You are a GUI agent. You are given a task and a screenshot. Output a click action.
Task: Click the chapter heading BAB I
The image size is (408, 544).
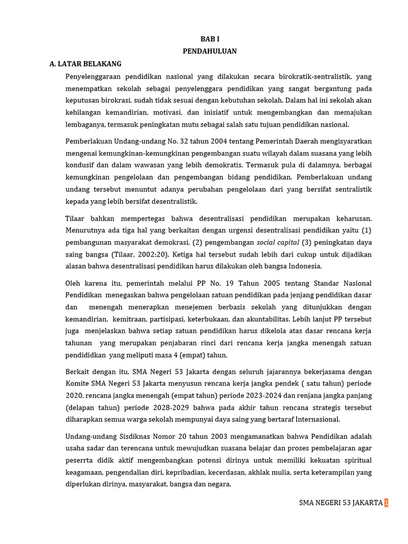pyautogui.click(x=209, y=39)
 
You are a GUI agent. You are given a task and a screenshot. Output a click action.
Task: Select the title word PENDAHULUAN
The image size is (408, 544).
pyautogui.click(x=209, y=51)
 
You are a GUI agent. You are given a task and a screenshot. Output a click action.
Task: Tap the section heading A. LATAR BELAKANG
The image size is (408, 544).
pyautogui.click(x=86, y=64)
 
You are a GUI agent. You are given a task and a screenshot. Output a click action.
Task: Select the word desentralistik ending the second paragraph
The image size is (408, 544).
pyautogui.click(x=174, y=201)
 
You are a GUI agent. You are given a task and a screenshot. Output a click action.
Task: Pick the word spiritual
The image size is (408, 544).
pyautogui.click(x=355, y=460)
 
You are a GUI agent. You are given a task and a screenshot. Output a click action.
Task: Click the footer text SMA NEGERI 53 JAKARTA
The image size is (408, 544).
pyautogui.click(x=341, y=503)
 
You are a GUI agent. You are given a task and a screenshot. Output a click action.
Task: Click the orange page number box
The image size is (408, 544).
pyautogui.click(x=386, y=503)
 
